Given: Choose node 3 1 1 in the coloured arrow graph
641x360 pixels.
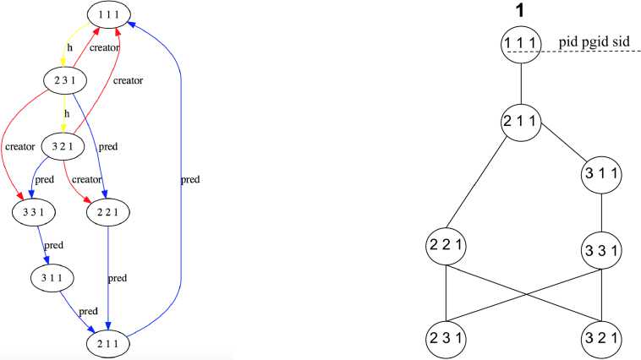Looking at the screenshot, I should (50, 276).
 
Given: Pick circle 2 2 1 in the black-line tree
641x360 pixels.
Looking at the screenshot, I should (447, 250).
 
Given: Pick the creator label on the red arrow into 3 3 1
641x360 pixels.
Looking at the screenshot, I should (19, 146).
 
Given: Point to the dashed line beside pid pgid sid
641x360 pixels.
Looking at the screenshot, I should (592, 52).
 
